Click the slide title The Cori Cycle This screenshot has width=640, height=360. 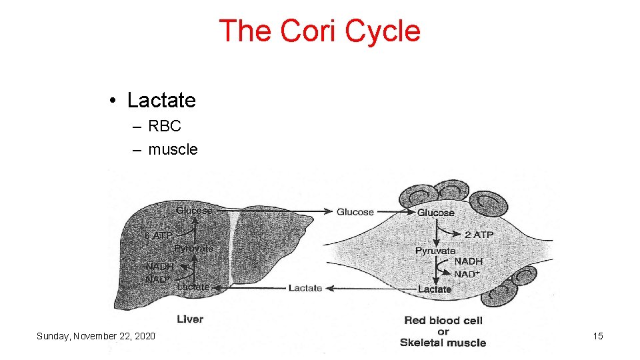(x=319, y=31)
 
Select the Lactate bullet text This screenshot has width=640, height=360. (x=161, y=100)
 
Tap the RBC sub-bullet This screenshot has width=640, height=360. (x=165, y=126)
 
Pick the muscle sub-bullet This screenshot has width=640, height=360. (x=173, y=149)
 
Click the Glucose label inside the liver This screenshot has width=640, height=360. (x=194, y=211)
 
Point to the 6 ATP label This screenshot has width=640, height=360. (x=159, y=235)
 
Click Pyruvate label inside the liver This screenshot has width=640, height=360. (x=194, y=248)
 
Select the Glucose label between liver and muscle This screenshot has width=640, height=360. (x=355, y=212)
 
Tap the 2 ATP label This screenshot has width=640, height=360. (x=478, y=235)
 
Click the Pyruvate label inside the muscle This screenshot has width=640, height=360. (x=435, y=251)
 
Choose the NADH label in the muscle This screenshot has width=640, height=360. (x=468, y=261)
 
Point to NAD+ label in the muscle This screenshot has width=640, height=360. (x=468, y=274)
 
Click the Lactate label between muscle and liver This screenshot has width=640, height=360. (x=305, y=288)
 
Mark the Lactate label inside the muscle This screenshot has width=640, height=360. (x=435, y=289)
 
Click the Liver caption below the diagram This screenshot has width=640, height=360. (x=190, y=319)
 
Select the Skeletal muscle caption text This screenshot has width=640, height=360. (x=443, y=343)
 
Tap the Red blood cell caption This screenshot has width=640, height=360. (x=443, y=320)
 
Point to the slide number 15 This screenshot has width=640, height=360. (x=598, y=336)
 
